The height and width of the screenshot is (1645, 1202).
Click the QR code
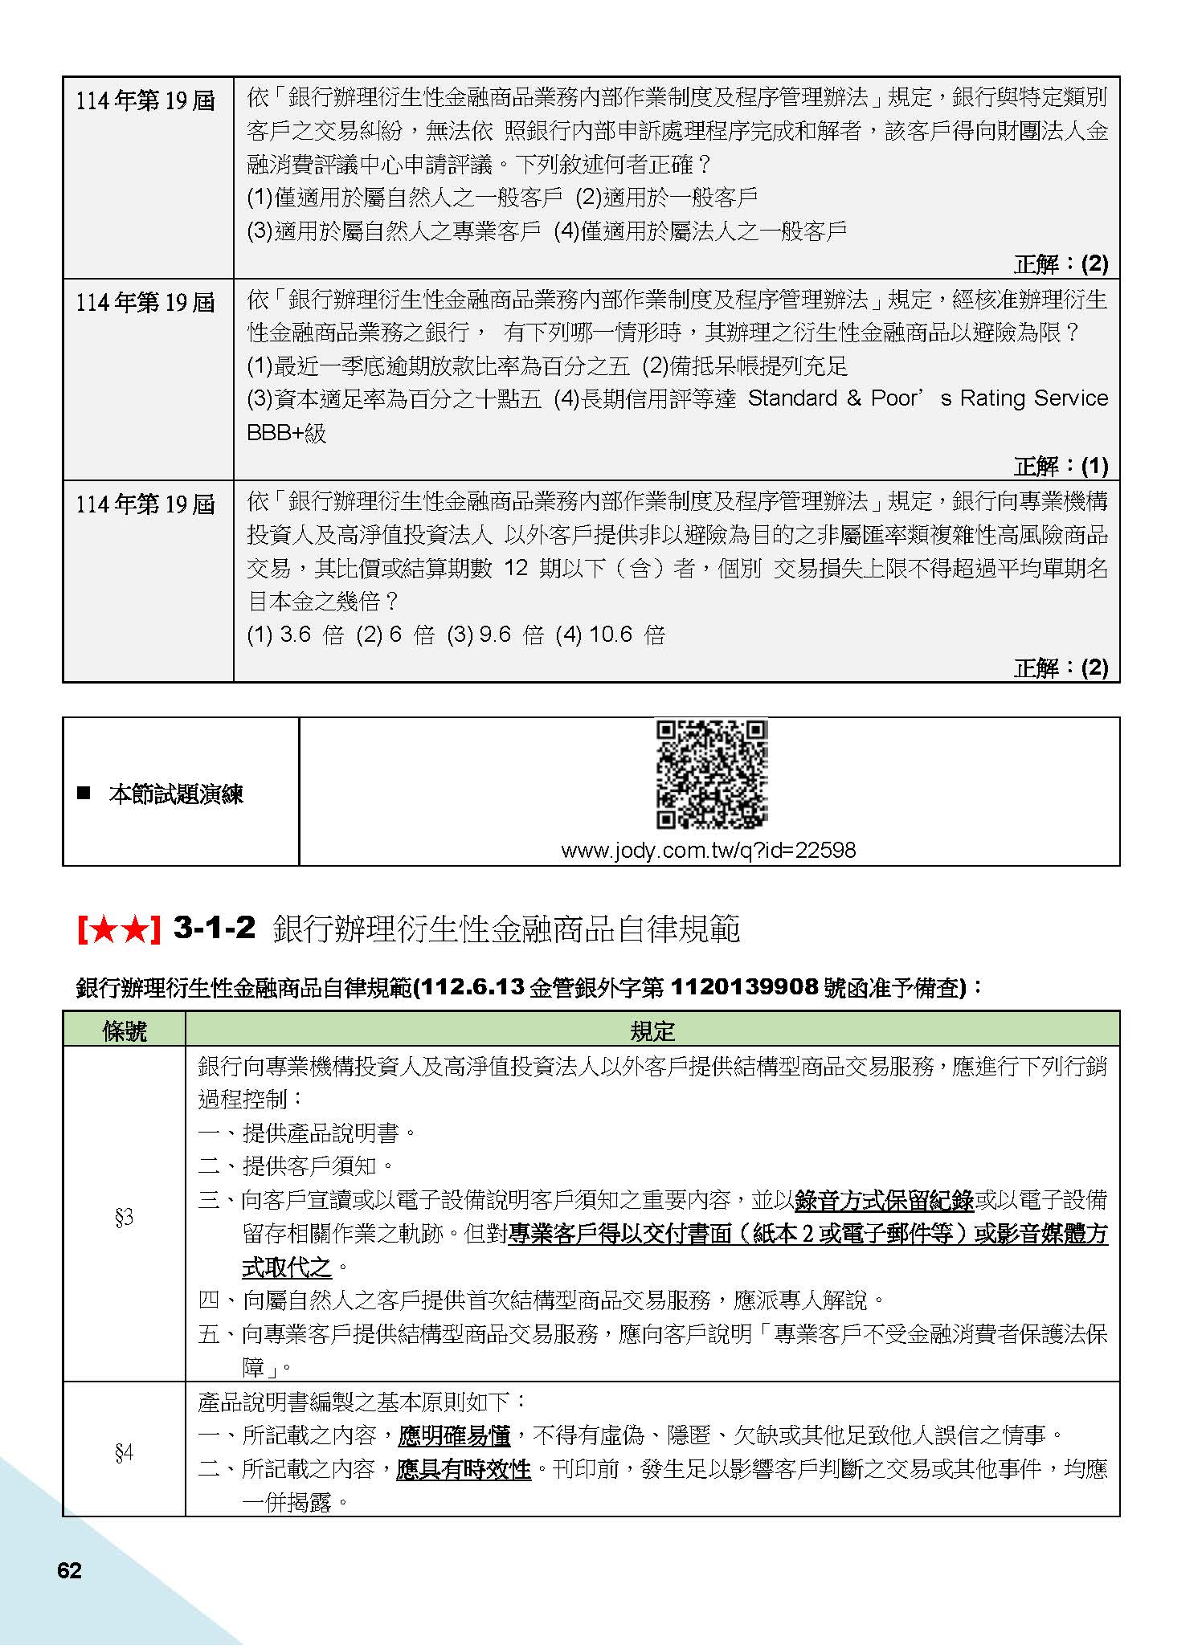(711, 774)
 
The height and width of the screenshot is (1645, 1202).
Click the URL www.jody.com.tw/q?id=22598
(708, 850)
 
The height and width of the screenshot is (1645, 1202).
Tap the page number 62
(70, 1570)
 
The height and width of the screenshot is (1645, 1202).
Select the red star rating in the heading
(119, 929)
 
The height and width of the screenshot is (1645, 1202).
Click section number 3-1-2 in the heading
(215, 929)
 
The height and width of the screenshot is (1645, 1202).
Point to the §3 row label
(124, 1218)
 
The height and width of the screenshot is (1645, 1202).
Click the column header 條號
(125, 1031)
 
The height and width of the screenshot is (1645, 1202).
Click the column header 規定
(652, 1031)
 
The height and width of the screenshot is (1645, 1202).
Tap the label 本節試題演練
(175, 795)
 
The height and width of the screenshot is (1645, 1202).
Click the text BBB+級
(286, 433)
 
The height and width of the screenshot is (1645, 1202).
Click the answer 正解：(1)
(1061, 466)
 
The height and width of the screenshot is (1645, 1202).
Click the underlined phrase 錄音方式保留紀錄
(884, 1201)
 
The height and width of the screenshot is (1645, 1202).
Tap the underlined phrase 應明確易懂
(455, 1435)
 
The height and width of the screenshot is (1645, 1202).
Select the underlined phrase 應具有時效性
(464, 1469)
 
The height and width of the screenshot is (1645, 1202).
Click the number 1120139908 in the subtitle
(743, 987)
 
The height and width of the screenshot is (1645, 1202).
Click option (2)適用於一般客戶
(667, 198)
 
